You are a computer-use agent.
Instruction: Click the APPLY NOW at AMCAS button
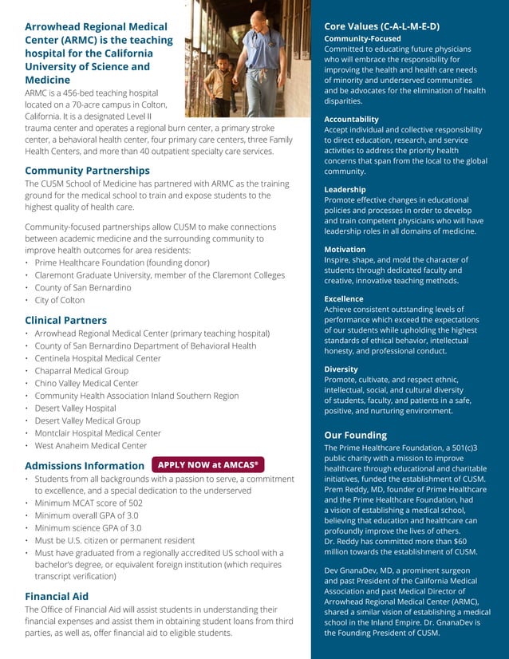[x=207, y=464]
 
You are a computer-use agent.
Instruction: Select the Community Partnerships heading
[x=87, y=171]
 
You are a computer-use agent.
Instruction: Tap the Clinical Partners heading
[x=65, y=320]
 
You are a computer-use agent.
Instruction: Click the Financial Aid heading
[x=57, y=596]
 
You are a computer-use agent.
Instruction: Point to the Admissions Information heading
[x=85, y=465]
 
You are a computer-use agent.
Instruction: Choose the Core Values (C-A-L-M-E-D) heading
[x=381, y=26]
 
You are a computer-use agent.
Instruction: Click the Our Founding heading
[x=355, y=435]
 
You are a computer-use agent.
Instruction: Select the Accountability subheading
[x=351, y=119]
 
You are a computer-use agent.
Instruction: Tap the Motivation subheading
[x=345, y=249]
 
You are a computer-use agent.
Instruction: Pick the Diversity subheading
[x=341, y=369]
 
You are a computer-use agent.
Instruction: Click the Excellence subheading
[x=343, y=298]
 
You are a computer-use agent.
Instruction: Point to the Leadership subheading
[x=345, y=189]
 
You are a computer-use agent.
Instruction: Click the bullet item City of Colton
[x=60, y=300]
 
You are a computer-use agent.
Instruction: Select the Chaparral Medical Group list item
[x=81, y=371]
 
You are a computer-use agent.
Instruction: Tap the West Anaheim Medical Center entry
[x=91, y=445]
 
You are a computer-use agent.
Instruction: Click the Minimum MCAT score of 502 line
[x=89, y=503]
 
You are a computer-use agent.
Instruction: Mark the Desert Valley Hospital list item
[x=75, y=408]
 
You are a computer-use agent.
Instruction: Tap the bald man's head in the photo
[x=257, y=20]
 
